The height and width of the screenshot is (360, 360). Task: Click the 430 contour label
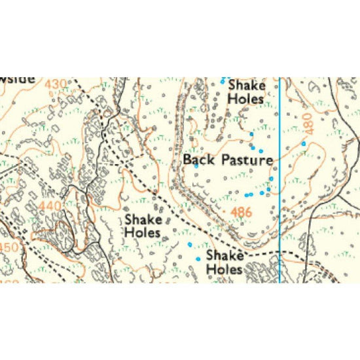click(56, 85)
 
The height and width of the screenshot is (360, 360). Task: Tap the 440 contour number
click(50, 206)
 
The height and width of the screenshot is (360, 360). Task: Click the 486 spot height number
click(242, 212)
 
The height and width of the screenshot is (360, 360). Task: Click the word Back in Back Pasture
click(198, 159)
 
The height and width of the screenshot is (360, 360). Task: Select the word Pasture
click(247, 159)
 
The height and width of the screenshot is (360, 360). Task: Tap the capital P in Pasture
click(226, 159)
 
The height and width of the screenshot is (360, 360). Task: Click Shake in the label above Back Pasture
click(246, 86)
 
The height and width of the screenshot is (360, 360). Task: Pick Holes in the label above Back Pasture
click(246, 99)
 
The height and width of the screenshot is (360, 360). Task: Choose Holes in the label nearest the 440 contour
click(143, 232)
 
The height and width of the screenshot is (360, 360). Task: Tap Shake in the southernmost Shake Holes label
click(225, 256)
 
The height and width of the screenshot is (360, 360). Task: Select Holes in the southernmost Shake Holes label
click(225, 269)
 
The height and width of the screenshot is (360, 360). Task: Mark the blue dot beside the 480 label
click(304, 143)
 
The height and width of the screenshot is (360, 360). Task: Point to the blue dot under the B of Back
click(196, 167)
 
